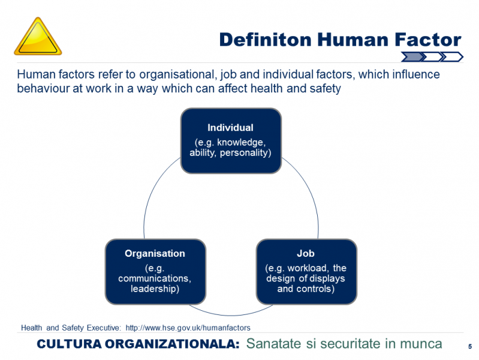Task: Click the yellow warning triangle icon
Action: coord(38,37)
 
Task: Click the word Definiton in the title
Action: coord(266,40)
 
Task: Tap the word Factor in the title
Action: coord(427,40)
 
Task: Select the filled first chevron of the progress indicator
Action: coord(412,56)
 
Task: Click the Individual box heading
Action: coord(230,128)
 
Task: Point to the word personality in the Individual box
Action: coord(245,152)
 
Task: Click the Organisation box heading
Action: coord(155,254)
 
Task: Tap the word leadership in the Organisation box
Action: coord(155,289)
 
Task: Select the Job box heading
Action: coord(306,254)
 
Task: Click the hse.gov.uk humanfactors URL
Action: coord(188,328)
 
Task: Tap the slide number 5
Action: coord(470,347)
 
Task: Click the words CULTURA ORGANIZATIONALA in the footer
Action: coord(138,344)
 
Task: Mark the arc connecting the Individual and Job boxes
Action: coord(309,190)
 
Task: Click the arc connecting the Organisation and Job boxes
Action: coord(231,315)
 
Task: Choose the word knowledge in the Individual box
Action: coord(242,142)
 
